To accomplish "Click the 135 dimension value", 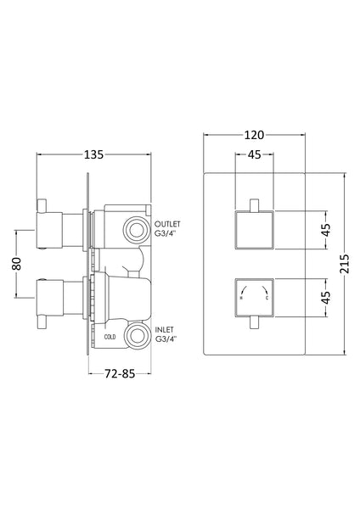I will pyautogui.click(x=93, y=155).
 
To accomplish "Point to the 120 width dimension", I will pyautogui.click(x=252, y=133).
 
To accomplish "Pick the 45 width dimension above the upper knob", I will pyautogui.click(x=252, y=155).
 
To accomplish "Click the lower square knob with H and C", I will pyautogui.click(x=252, y=297).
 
